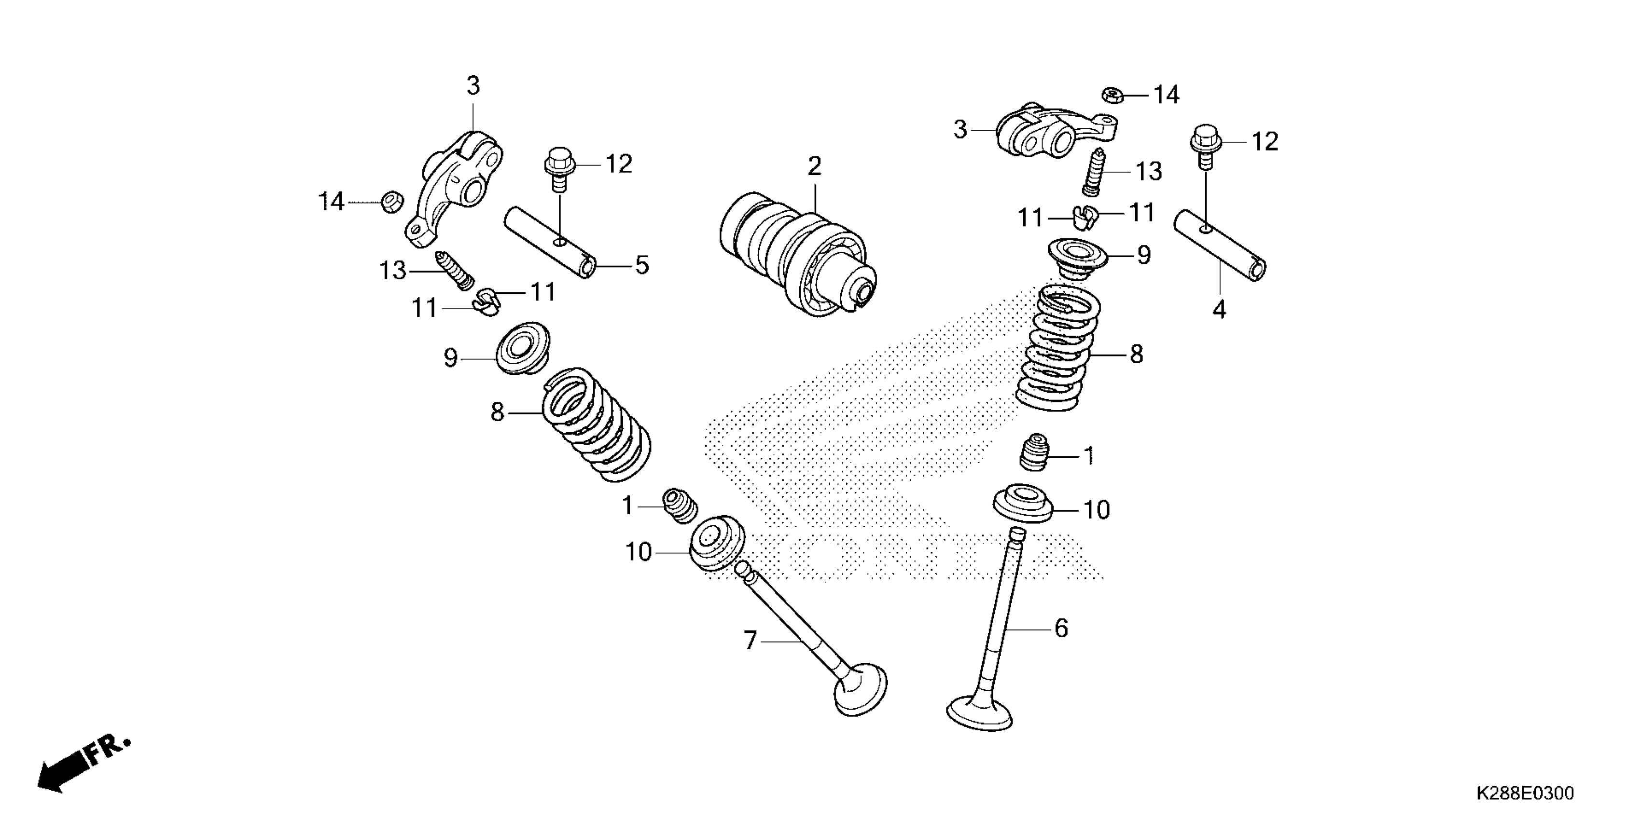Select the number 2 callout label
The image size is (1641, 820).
[x=814, y=167]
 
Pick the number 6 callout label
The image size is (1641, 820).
[x=1061, y=629]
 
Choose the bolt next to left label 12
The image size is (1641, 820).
[x=559, y=167]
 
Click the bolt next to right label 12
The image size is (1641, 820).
[x=1204, y=145]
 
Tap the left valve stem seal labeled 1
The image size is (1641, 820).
[x=681, y=506]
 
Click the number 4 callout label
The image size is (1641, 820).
[x=1219, y=310]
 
